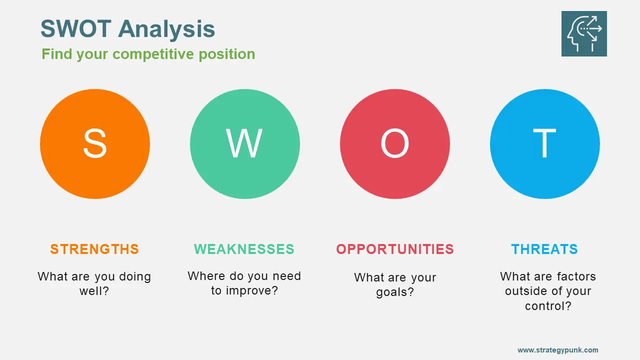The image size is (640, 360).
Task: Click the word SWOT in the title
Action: pos(75,28)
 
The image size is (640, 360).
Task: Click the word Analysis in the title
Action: pos(166,29)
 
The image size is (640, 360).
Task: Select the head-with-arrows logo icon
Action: pos(584,33)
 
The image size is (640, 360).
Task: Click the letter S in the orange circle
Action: pos(95,143)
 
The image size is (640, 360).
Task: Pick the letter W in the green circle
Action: pos(244,143)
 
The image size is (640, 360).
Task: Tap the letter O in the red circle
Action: pos(395,143)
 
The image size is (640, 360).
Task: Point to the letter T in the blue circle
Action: pos(544,143)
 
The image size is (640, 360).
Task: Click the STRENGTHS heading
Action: pos(94,249)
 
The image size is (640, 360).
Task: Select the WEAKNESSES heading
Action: pos(244,249)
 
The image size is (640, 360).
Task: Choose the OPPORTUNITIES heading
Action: pos(395,249)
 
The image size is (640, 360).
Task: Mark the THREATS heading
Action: pos(544,249)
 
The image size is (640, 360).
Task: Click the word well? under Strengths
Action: pos(94,291)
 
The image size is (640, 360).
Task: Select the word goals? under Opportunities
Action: pos(395,292)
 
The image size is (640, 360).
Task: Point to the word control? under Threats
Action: pos(548,306)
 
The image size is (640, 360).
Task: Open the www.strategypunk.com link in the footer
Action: pos(557,350)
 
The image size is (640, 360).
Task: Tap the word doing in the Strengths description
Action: pos(135,277)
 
